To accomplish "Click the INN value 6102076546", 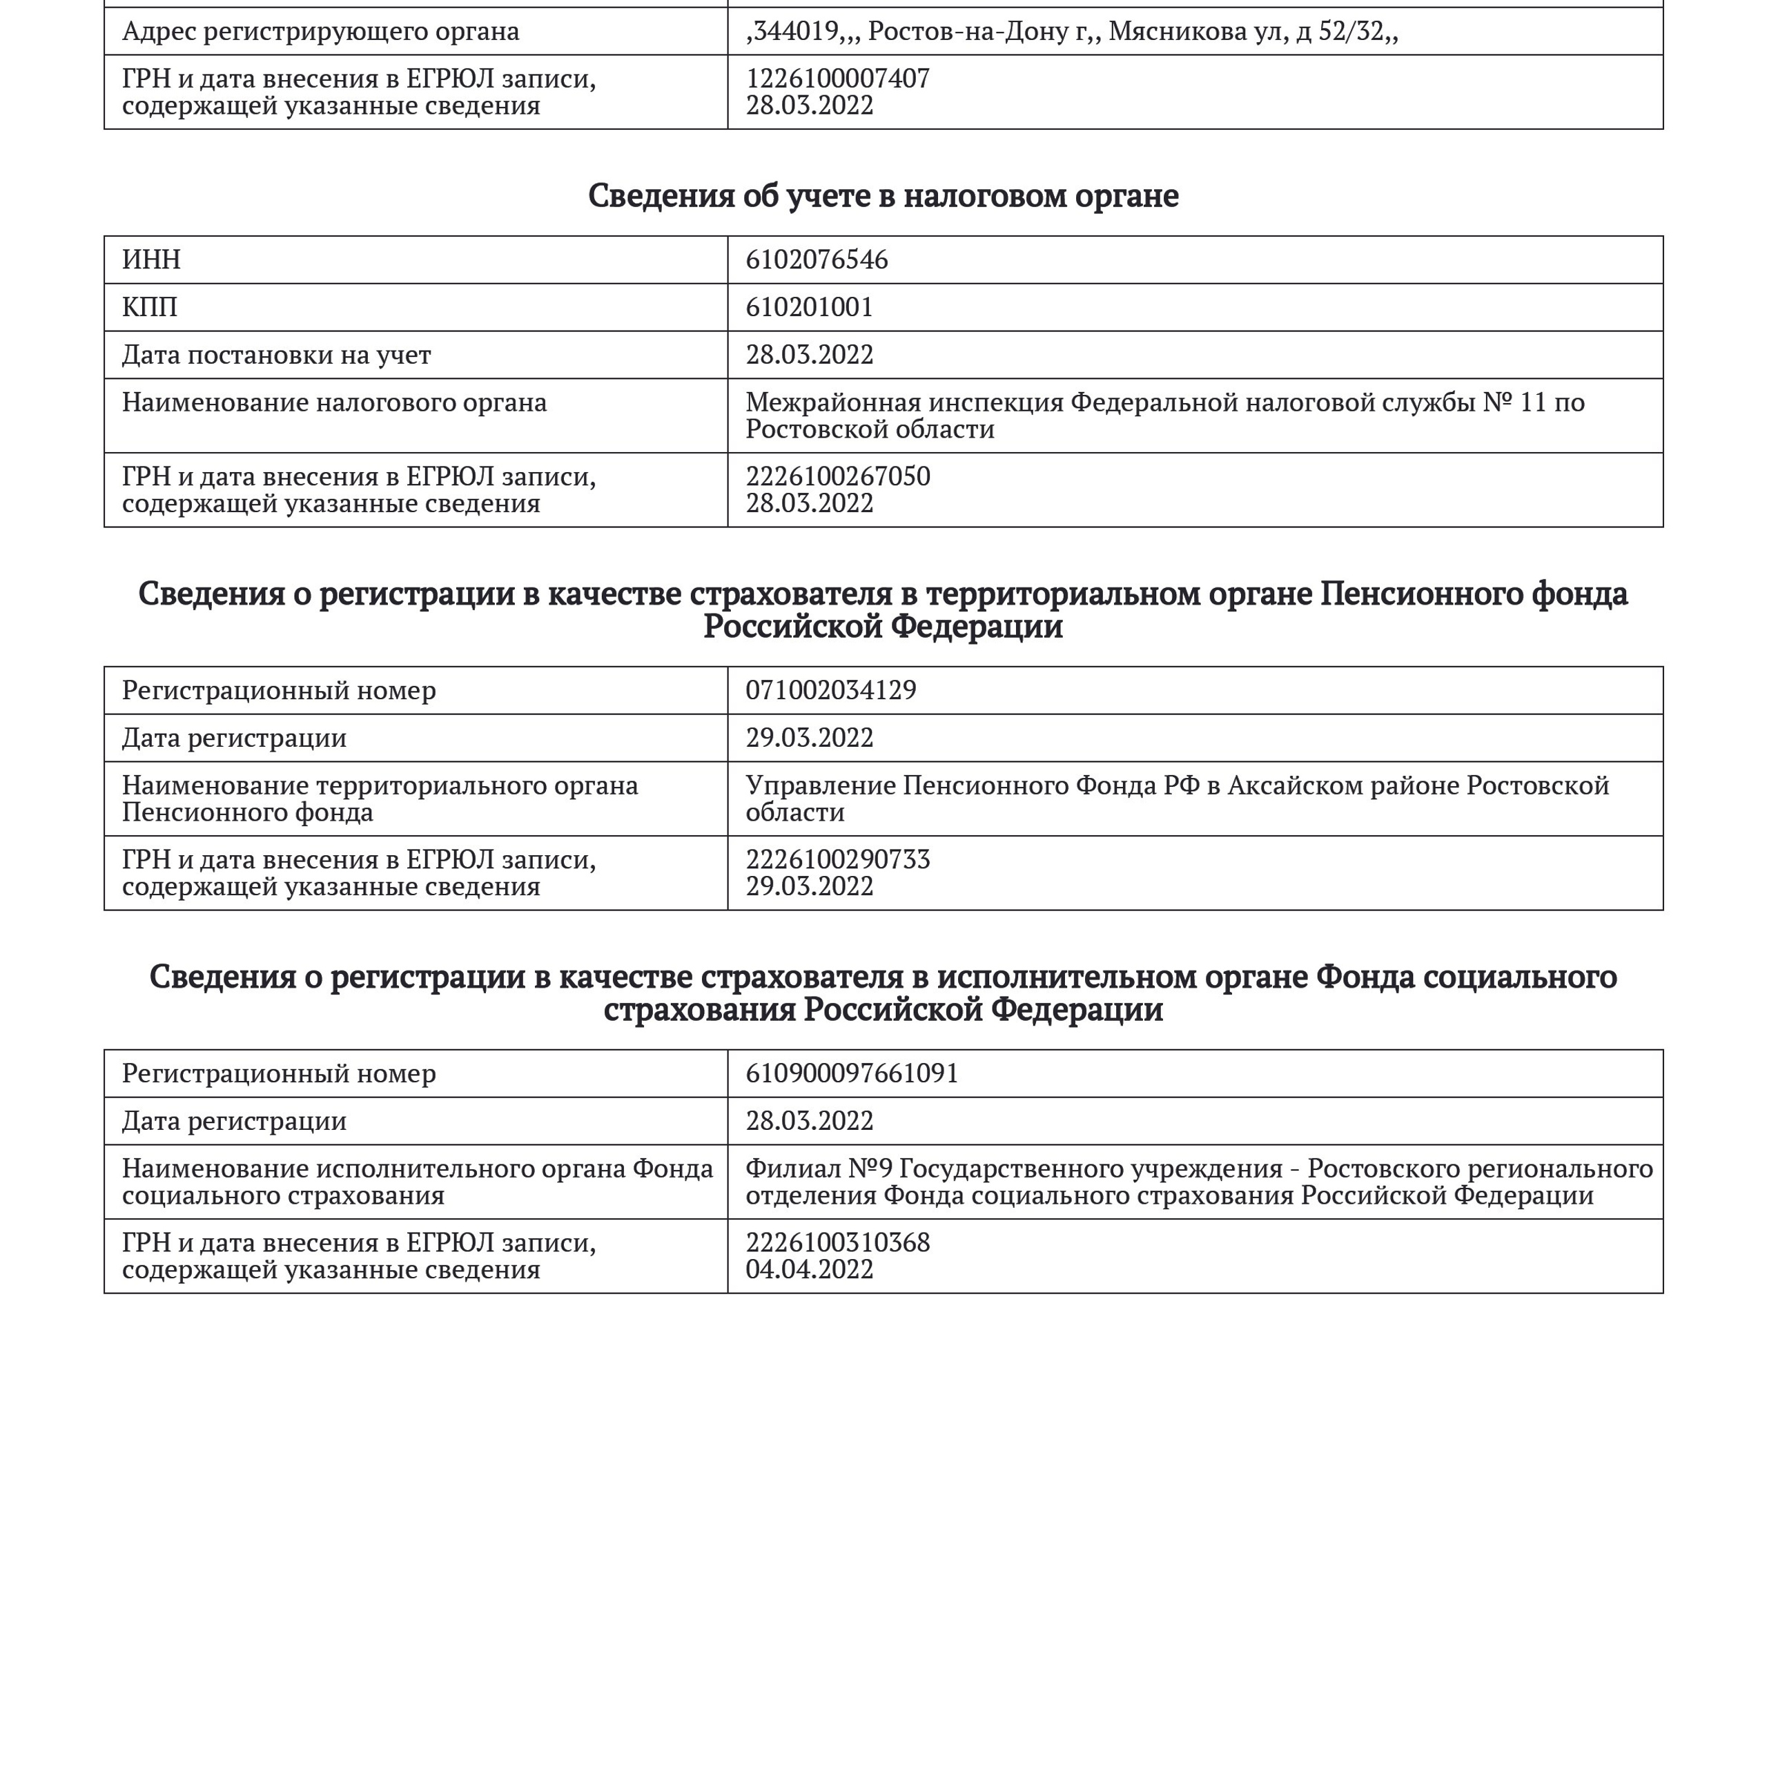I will click(816, 260).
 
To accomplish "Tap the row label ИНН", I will click(151, 260).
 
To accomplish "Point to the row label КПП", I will click(149, 307).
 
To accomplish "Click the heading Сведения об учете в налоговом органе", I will click(883, 196).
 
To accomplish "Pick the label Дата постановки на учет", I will click(276, 355).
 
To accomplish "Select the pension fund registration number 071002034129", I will click(830, 690).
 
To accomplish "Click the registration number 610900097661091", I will click(852, 1074).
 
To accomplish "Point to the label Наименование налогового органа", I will click(334, 402).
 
